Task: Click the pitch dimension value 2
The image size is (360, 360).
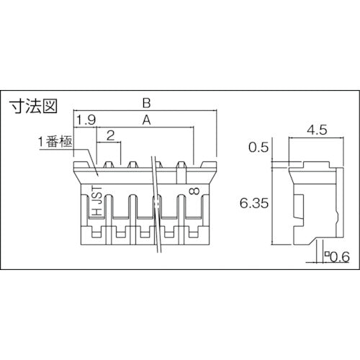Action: tap(110, 135)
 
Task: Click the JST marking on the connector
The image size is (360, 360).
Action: tap(96, 194)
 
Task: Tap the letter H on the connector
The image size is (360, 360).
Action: tap(96, 213)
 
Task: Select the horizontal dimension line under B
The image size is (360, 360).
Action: tap(144, 111)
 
